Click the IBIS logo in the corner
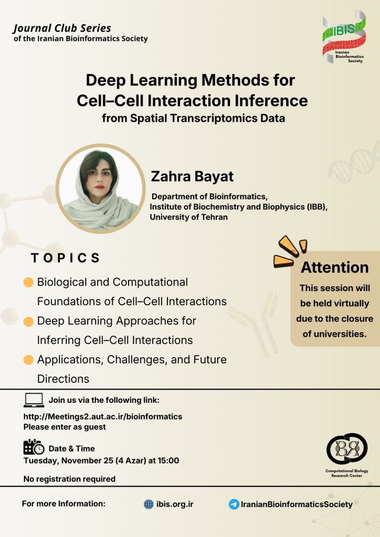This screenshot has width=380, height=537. coord(344,36)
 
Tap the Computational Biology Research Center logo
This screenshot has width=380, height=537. coord(347,455)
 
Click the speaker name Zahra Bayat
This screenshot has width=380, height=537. coord(192,176)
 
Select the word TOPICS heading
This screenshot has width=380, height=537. coord(65,258)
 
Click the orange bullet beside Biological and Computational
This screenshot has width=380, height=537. coord(28,282)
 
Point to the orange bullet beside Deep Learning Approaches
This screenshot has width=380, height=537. coord(28,321)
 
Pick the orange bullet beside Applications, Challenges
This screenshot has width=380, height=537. coord(28,360)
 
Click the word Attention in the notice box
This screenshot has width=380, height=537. coord(335,267)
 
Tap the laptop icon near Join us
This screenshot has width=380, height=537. coord(34,400)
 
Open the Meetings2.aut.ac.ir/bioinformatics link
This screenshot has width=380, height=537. coord(103,416)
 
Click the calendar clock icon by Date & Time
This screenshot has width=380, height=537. coord(34,447)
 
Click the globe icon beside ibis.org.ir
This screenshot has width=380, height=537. coord(149,504)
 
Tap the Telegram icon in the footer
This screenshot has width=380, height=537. coord(234,504)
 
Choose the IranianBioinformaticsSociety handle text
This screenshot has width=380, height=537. coord(297,504)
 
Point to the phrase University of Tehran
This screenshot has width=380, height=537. coord(188,217)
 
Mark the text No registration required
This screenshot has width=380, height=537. coord(69,479)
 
